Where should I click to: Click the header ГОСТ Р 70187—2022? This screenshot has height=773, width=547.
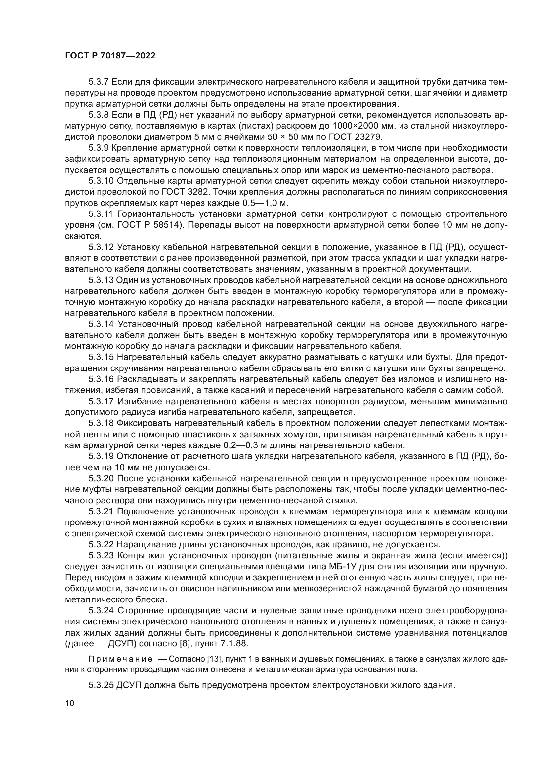point(110,56)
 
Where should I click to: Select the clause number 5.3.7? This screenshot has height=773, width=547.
point(98,82)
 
